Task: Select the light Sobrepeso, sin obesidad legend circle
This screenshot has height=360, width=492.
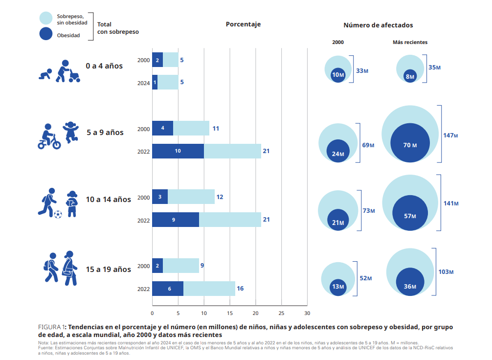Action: [46, 18]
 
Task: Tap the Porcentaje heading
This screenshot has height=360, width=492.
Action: [243, 24]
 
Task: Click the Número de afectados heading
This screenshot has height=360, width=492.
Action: [378, 25]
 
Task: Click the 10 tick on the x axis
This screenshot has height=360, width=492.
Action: [204, 313]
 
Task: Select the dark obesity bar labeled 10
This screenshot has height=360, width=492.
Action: [178, 151]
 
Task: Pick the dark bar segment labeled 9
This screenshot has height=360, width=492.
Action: [176, 220]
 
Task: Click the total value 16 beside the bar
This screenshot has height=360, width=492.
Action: [240, 289]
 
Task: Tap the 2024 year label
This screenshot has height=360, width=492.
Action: [143, 83]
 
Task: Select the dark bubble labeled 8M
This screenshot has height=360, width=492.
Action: [410, 76]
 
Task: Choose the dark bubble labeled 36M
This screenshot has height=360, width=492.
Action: [410, 286]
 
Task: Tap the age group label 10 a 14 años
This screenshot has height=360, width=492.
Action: [109, 200]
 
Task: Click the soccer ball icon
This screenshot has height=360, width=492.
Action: [58, 214]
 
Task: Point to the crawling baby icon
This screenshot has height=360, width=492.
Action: [45, 75]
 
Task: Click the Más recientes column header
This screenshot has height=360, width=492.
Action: [410, 43]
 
